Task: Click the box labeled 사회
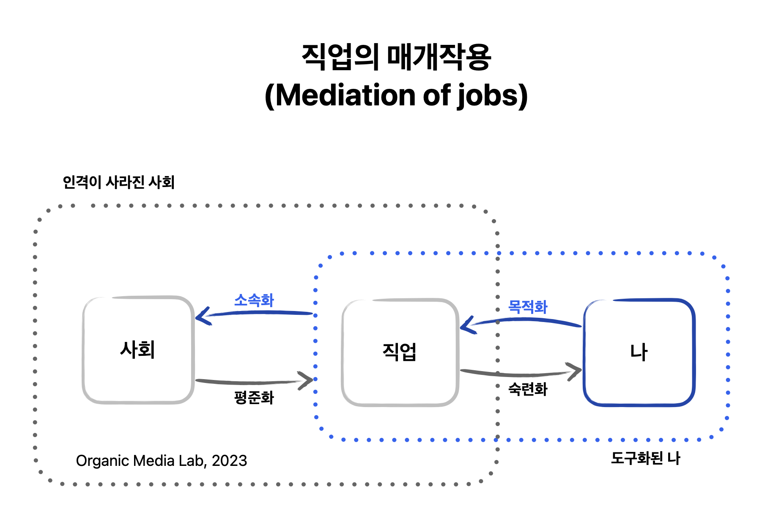[138, 350]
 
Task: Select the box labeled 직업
[400, 352]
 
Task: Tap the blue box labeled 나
[639, 352]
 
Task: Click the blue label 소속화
[254, 300]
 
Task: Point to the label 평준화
[254, 397]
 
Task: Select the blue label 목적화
[527, 307]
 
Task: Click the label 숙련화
[527, 389]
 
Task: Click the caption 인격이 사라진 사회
[118, 182]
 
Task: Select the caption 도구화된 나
[645, 458]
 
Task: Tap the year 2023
[229, 461]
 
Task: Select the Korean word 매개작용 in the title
[439, 57]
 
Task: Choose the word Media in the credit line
[154, 461]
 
